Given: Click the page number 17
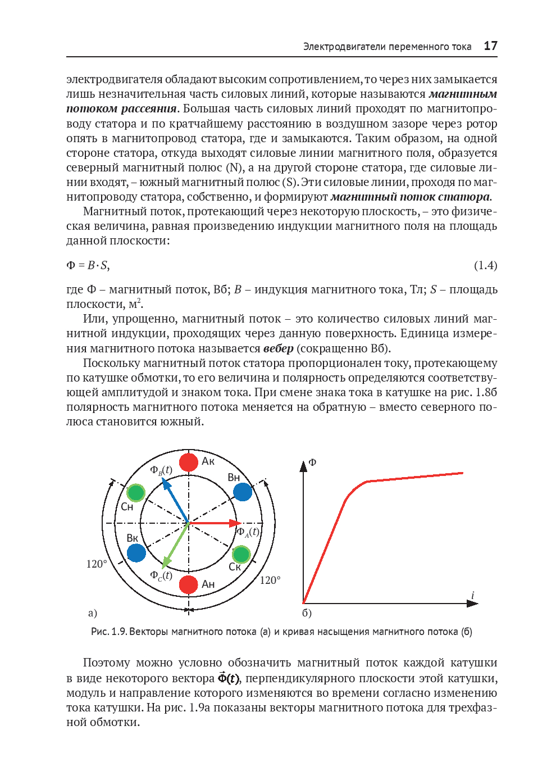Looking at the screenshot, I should click(x=490, y=46).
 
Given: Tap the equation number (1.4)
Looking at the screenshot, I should click(x=485, y=265).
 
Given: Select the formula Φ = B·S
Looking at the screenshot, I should click(x=88, y=265).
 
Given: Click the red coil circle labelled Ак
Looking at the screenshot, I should click(x=189, y=462).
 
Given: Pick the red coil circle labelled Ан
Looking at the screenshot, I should click(x=189, y=584).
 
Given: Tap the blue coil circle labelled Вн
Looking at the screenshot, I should click(x=243, y=492).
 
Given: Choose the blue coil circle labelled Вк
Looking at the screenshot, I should click(x=136, y=553).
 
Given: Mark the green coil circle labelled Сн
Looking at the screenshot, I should click(x=136, y=493).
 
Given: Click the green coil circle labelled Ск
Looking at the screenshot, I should click(x=241, y=554).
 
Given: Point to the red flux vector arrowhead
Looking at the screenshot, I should click(x=236, y=523).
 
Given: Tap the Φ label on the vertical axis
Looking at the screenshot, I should click(x=313, y=462).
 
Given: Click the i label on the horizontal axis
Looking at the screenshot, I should click(x=472, y=595).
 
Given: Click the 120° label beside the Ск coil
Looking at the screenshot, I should click(x=270, y=580).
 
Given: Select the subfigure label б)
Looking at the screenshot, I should click(x=307, y=613).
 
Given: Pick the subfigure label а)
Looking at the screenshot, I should click(x=93, y=613).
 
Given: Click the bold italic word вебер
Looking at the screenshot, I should click(x=279, y=348).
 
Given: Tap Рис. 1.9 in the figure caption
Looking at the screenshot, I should click(x=109, y=632).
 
